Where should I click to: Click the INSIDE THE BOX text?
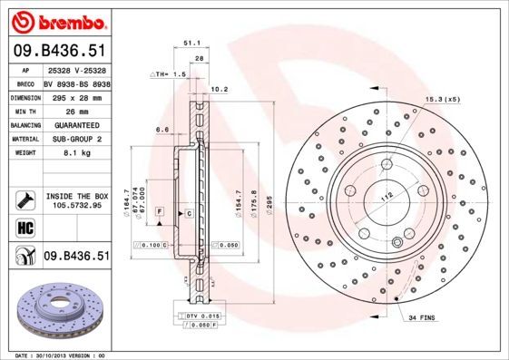coord(76,196)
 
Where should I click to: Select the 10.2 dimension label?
coord(219,90)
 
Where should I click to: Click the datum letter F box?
coord(160,211)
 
